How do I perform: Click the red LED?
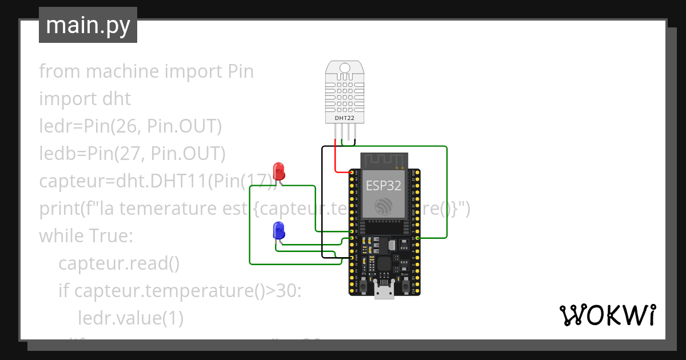[279, 170]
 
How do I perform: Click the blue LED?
[279, 230]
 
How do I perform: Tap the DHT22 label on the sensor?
[344, 118]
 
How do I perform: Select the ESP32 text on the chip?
[384, 185]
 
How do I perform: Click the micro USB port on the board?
[384, 291]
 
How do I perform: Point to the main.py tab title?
[88, 25]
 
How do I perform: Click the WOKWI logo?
[607, 315]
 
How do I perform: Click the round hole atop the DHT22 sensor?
[344, 68]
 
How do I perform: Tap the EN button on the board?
[364, 282]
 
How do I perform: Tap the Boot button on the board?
[404, 282]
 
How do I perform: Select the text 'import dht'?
[85, 99]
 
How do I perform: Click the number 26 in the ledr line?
[128, 126]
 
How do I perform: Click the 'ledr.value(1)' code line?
[130, 318]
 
